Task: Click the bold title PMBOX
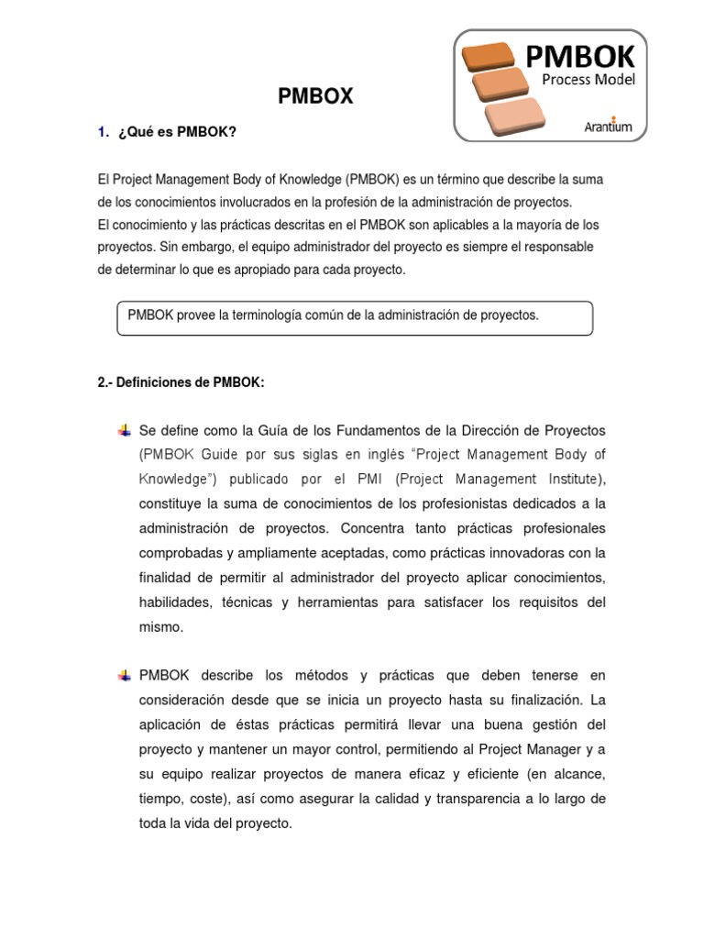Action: [315, 96]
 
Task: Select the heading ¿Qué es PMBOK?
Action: [176, 132]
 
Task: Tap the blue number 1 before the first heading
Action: [102, 132]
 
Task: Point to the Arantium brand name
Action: [608, 127]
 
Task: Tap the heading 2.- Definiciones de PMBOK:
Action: [181, 382]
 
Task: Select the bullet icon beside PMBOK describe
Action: [125, 675]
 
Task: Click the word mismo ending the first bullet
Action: [161, 627]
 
